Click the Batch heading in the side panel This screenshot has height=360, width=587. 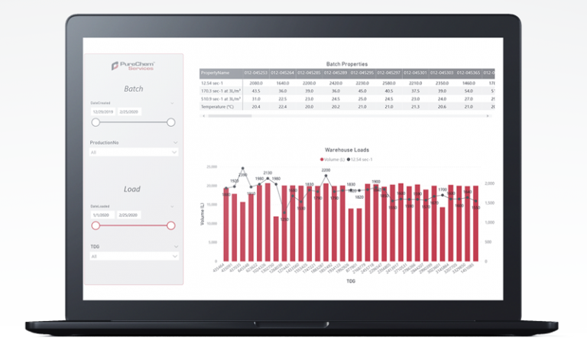pos(133,89)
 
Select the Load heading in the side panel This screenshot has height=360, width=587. pos(132,189)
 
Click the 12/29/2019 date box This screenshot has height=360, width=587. pos(102,112)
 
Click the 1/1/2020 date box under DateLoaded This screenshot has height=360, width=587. pos(101,215)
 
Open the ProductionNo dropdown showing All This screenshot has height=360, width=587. pos(133,152)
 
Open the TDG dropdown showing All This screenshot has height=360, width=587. pos(133,256)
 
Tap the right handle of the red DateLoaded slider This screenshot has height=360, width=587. pos(171,225)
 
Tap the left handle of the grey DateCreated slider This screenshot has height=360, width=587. pos(96,122)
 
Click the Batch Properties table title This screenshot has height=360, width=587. pos(346,63)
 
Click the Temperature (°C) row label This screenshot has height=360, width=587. pos(219,107)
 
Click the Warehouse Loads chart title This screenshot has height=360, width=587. pos(346,151)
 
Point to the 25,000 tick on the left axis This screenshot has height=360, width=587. pos(212,166)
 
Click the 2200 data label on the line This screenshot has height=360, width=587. pos(326,170)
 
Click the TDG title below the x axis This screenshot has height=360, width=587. pos(350,281)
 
